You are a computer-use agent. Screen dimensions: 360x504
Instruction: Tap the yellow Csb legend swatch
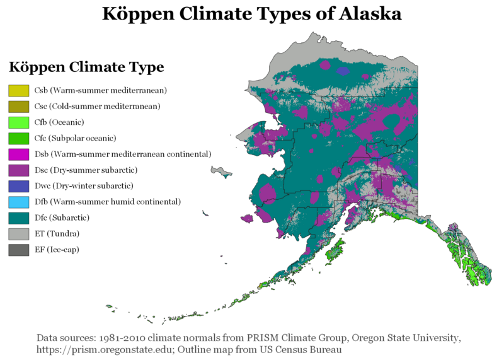19,91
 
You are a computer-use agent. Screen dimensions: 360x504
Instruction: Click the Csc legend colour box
19,107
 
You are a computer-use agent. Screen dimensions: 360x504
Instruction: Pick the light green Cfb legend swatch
19,122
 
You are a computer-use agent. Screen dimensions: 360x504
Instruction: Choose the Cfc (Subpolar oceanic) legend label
75,138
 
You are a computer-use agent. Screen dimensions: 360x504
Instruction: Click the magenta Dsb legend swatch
19,154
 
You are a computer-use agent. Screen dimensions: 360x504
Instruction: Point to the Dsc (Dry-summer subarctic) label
86,170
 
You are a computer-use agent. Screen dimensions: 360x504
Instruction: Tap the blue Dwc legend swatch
19,186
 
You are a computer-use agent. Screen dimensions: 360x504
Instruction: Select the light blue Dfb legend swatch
19,202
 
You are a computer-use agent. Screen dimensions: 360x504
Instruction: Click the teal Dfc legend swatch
19,218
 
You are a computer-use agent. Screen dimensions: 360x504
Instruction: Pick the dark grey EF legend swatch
19,250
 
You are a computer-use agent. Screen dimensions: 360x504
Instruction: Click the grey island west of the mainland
222,171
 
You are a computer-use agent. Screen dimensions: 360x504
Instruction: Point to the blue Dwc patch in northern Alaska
342,71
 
